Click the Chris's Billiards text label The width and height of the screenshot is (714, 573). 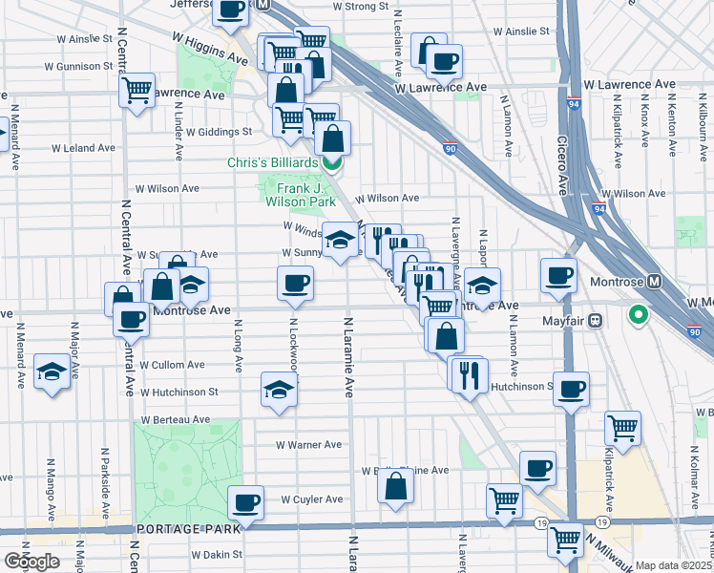[x=271, y=162]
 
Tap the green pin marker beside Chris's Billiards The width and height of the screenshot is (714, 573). [x=331, y=162]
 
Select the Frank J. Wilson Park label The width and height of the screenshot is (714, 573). [x=299, y=196]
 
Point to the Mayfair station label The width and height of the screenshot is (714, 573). [x=564, y=321]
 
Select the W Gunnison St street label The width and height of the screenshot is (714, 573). [x=78, y=67]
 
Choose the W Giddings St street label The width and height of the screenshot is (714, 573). [x=219, y=132]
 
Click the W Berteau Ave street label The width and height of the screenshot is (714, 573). [x=175, y=419]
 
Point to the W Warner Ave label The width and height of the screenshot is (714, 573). [x=308, y=444]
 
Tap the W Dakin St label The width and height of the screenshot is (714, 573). [x=218, y=554]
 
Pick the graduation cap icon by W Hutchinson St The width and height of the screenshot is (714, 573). [x=278, y=390]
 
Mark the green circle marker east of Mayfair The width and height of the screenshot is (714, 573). [x=639, y=313]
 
